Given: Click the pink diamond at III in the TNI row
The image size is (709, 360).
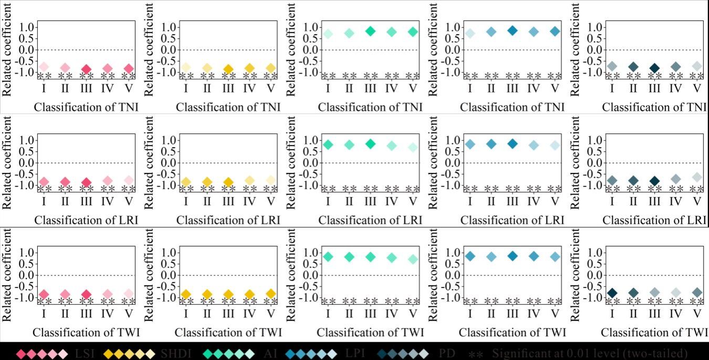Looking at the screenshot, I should (86, 69).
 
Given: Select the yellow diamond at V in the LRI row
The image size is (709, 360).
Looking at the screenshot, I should (271, 180).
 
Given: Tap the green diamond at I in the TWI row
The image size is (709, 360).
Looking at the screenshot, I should (328, 256).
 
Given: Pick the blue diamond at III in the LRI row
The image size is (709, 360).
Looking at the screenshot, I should (513, 143).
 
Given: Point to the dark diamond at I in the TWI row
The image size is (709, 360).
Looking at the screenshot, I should (612, 293).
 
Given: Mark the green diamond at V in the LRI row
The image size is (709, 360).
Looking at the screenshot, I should (413, 147).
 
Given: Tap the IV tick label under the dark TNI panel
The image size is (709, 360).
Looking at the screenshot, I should (675, 88).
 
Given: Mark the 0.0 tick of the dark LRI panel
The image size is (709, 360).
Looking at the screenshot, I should (595, 162).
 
